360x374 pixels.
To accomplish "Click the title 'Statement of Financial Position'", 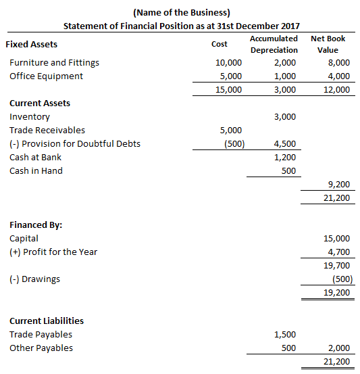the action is pyautogui.click(x=181, y=25).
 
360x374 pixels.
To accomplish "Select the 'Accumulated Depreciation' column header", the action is pyautogui.click(x=274, y=44).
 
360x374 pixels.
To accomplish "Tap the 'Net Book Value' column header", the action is pyautogui.click(x=328, y=44).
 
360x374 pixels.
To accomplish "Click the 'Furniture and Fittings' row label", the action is pyautogui.click(x=54, y=62).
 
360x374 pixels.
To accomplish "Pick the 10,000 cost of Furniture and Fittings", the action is pyautogui.click(x=228, y=62).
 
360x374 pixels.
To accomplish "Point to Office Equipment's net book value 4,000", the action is pyautogui.click(x=337, y=76).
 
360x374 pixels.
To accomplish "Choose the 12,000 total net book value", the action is pyautogui.click(x=337, y=89).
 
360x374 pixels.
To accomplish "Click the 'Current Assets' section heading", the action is pyautogui.click(x=40, y=103).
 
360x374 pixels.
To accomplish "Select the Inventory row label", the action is pyautogui.click(x=29, y=116).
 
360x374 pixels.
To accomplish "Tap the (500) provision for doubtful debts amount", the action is pyautogui.click(x=232, y=143).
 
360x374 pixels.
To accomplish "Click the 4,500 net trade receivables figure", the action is pyautogui.click(x=284, y=143).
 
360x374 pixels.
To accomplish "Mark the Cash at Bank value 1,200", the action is pyautogui.click(x=284, y=157).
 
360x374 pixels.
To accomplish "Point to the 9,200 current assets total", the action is pyautogui.click(x=338, y=184).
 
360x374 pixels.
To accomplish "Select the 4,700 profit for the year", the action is pyautogui.click(x=338, y=252).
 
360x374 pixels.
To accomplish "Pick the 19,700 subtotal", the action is pyautogui.click(x=337, y=266).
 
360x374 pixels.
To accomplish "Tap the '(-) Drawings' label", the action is pyautogui.click(x=34, y=279).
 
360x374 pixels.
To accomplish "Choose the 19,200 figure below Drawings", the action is pyautogui.click(x=337, y=293).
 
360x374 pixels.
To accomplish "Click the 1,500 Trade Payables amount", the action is pyautogui.click(x=284, y=334).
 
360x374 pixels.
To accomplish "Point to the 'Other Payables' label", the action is pyautogui.click(x=41, y=348).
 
